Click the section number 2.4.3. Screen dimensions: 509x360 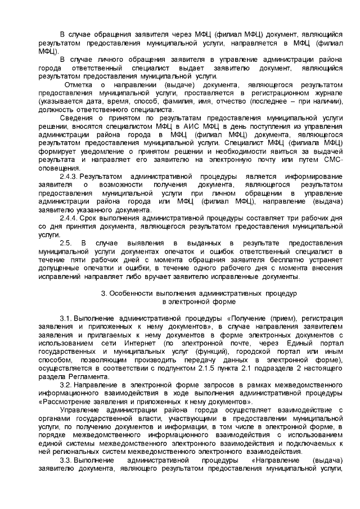[x=69, y=176]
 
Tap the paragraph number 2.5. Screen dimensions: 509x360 [x=65, y=242]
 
